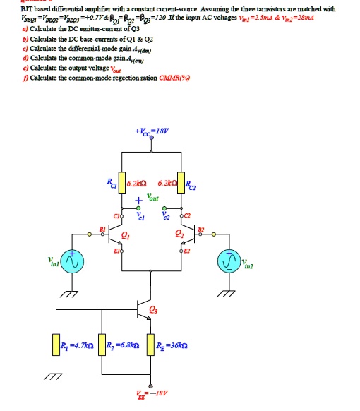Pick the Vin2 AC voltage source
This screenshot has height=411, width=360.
[x=229, y=263]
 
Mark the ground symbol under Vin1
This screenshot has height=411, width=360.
[x=71, y=294]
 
